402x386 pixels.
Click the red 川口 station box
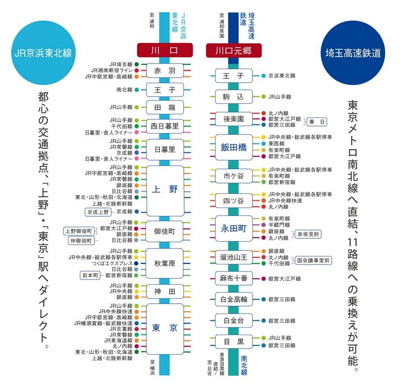point(165,50)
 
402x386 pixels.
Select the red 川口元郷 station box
point(234,50)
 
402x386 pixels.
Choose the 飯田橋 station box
point(234,147)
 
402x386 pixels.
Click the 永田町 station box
point(234,229)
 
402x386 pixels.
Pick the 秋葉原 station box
point(165,264)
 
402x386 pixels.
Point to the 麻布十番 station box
point(234,279)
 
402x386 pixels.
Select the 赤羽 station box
point(165,71)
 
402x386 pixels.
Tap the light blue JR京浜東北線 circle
point(43,53)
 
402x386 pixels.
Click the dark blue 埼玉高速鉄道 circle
point(353,53)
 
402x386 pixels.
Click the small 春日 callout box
point(317,122)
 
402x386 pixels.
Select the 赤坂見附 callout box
point(308,234)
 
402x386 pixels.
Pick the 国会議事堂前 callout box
point(313,260)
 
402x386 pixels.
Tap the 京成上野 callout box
point(98,212)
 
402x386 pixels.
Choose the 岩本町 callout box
point(90,275)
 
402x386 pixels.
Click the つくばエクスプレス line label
point(112,263)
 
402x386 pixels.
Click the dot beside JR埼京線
point(136,64)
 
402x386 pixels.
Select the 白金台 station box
point(234,321)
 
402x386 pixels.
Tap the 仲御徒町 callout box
point(81,241)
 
